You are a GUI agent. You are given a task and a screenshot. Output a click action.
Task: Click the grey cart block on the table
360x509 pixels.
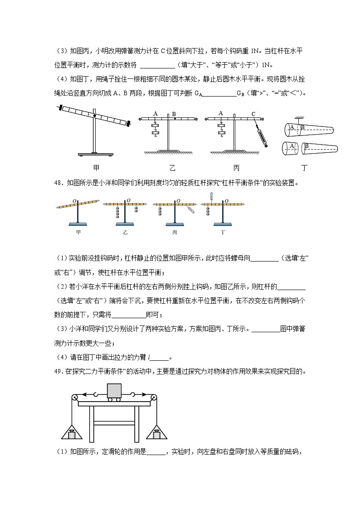pos(114,390)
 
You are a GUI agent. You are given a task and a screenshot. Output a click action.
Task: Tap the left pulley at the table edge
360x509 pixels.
pos(74,399)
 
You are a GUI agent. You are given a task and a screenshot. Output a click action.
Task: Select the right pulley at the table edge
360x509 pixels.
pos(155,399)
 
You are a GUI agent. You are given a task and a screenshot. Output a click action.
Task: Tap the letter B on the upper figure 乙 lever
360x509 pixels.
pos(174,114)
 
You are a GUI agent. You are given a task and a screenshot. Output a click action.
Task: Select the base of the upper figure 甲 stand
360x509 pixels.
pos(94,155)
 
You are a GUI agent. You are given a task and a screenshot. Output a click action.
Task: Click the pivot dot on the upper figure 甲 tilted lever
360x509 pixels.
pos(94,116)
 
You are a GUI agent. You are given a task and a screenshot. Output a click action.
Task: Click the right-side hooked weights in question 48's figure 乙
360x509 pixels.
pos(136,209)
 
